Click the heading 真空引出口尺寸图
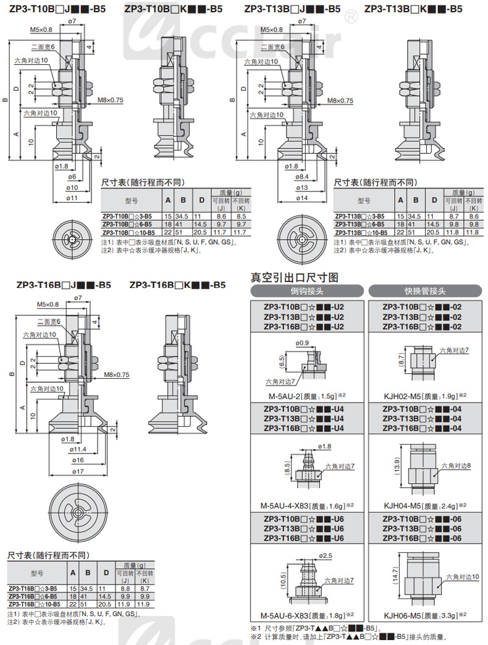[294, 277]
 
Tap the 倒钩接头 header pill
[303, 291]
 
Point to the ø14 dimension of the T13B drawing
[303, 198]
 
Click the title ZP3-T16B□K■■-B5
[177, 285]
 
